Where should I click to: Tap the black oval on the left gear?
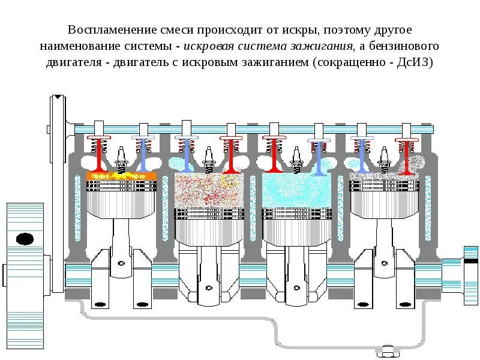(25, 239)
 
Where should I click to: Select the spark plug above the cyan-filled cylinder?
(296, 161)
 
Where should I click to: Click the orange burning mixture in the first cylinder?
(121, 176)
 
